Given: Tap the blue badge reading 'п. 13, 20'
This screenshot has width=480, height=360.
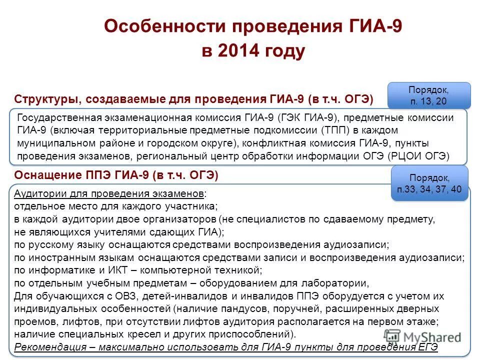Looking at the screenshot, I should [x=428, y=95].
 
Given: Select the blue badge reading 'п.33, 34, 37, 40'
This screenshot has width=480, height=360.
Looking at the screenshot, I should [x=430, y=183].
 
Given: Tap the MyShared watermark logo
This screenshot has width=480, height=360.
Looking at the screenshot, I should [x=423, y=336].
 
